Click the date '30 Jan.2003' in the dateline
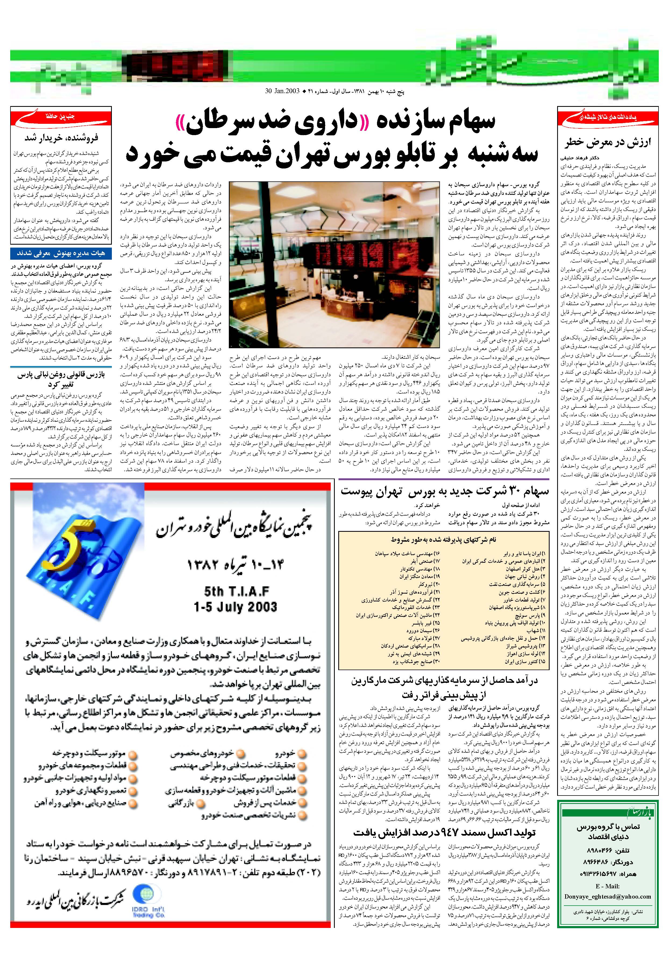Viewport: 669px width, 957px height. click(x=282, y=91)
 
